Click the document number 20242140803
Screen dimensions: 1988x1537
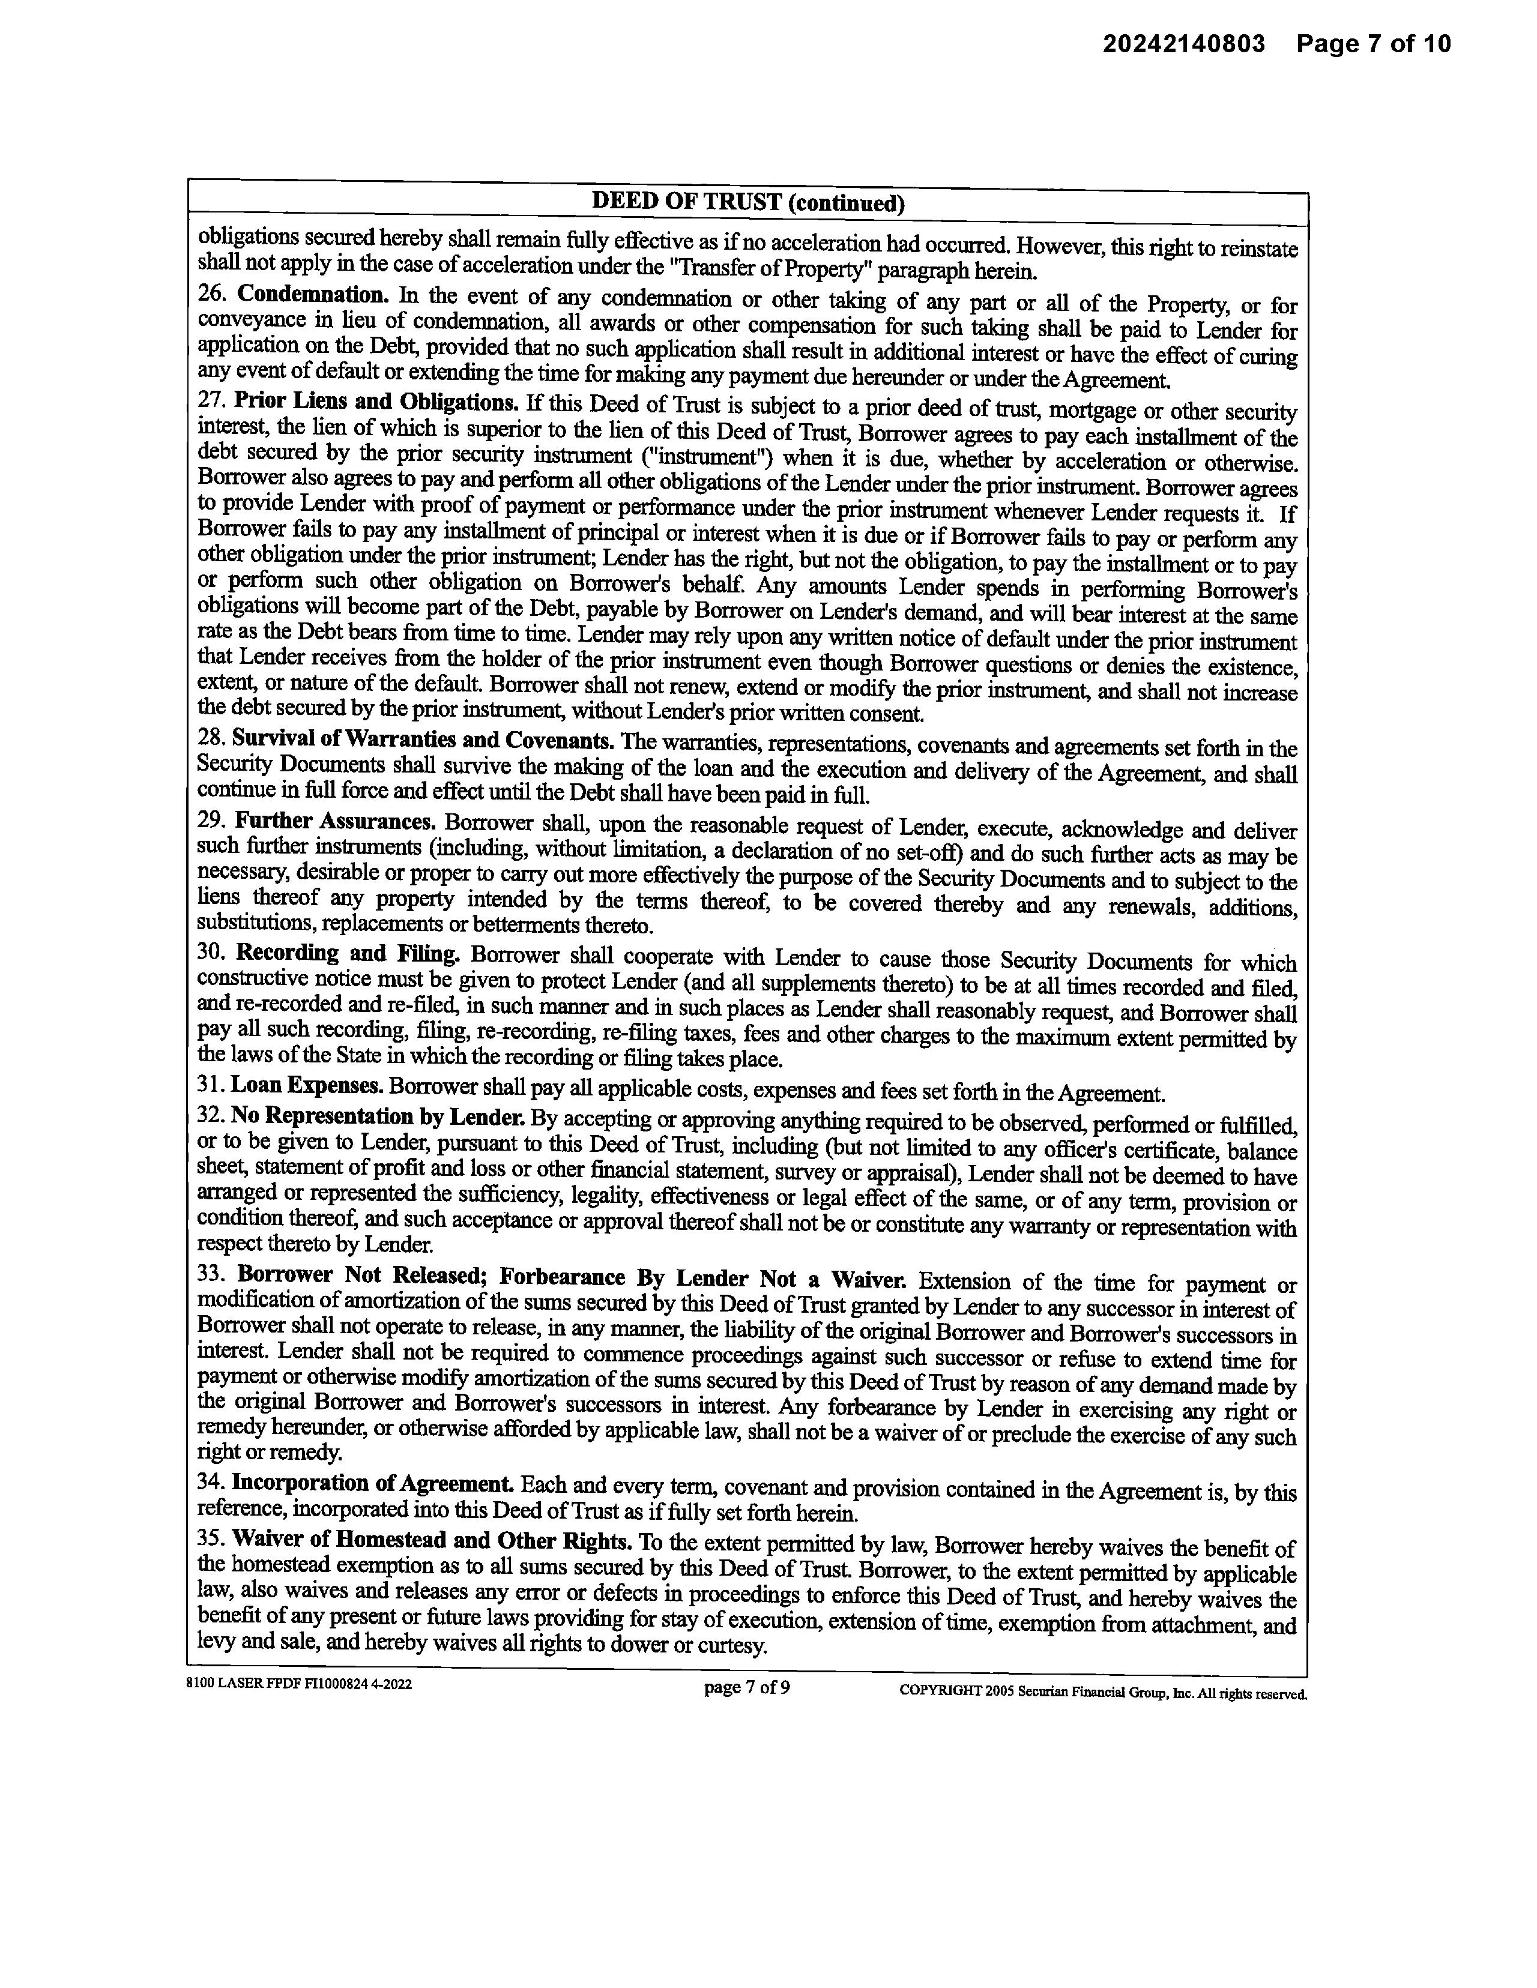coord(1184,44)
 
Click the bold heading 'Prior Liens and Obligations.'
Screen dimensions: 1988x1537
coord(376,402)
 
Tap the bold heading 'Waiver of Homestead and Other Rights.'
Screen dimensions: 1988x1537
coord(432,1541)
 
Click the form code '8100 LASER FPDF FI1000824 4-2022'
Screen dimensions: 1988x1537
coord(298,1684)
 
